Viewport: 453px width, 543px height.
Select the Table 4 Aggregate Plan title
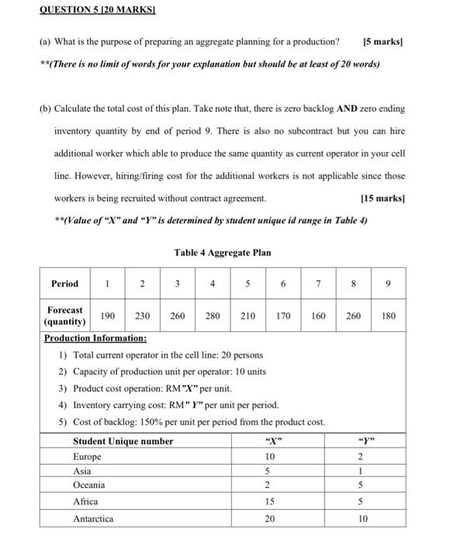tap(222, 252)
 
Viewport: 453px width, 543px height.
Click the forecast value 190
tap(108, 316)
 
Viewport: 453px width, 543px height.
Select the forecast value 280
tap(213, 316)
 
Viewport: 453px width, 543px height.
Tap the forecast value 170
tap(283, 316)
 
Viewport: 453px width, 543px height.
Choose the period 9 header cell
tap(389, 284)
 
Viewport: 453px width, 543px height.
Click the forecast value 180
tap(389, 316)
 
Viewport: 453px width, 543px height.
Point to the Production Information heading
tap(95, 339)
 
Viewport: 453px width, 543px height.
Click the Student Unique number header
tap(123, 441)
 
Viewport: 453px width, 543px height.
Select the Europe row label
tap(87, 457)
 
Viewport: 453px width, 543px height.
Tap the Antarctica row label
tap(92, 518)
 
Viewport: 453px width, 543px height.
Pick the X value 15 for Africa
tap(268, 502)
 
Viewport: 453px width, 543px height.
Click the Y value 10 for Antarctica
tap(362, 518)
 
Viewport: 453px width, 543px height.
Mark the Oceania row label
tap(88, 486)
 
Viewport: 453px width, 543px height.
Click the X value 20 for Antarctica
tap(268, 518)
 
